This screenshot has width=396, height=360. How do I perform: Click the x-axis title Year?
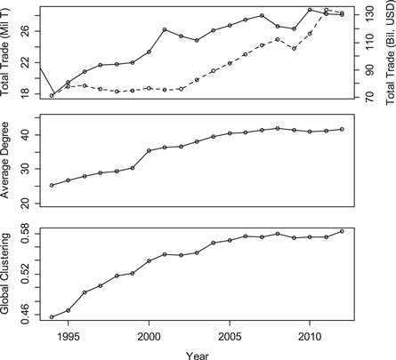(x=198, y=353)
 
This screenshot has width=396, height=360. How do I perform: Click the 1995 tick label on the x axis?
(x=69, y=337)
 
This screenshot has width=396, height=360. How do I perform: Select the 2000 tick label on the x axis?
(x=149, y=337)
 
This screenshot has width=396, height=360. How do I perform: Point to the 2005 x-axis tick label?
(x=230, y=337)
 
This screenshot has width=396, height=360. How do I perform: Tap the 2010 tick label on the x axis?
(x=310, y=337)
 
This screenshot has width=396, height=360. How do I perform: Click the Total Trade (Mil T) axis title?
(x=8, y=52)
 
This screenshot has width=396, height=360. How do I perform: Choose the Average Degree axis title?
(x=8, y=160)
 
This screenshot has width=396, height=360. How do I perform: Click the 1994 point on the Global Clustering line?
(x=53, y=316)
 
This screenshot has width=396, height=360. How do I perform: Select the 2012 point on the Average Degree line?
(x=342, y=129)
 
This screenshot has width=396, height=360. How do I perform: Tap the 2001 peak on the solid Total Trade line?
(x=166, y=29)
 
